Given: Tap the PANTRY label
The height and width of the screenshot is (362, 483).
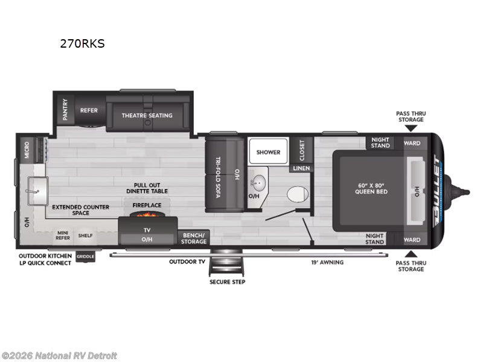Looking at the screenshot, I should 65,110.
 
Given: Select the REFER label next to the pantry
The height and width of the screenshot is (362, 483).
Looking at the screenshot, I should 89,110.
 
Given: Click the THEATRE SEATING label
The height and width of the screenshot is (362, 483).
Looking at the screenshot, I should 147,115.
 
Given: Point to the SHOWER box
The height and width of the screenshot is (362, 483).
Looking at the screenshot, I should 268,152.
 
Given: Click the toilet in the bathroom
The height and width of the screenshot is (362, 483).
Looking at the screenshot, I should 296,194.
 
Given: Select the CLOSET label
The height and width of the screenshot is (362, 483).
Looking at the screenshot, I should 302,150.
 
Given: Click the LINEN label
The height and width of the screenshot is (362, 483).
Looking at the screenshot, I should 301,168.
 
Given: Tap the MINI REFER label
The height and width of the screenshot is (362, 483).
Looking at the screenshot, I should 63,234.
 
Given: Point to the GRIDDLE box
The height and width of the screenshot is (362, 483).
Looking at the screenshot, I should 85,256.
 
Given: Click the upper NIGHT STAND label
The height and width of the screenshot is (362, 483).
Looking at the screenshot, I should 380,142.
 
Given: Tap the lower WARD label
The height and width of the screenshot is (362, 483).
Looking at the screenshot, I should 412,240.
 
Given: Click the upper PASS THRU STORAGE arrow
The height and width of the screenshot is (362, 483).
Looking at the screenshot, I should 410,128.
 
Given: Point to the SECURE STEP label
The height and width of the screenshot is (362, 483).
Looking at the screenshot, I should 227,282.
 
